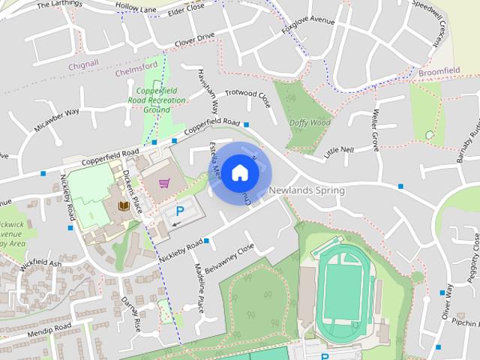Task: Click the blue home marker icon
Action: tap(238, 172)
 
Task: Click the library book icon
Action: tap(121, 205)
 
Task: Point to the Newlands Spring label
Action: tap(307, 190)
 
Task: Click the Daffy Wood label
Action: tap(309, 122)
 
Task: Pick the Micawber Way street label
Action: tap(56, 120)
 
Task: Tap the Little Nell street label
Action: tap(338, 151)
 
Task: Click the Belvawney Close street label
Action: tap(234, 256)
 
